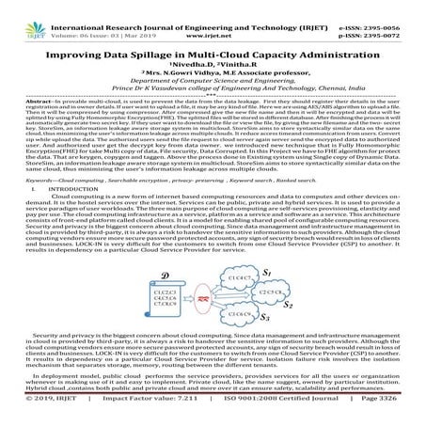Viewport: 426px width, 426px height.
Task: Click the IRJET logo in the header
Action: (x=20, y=12)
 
